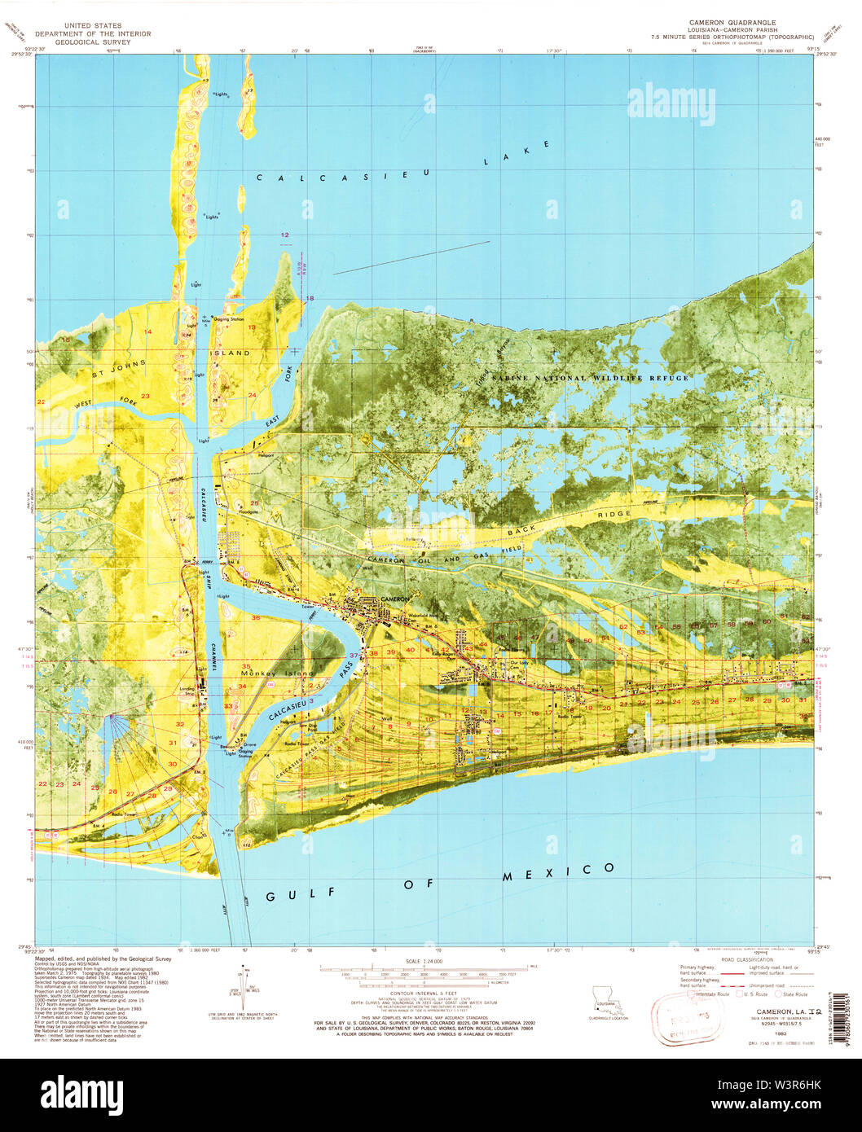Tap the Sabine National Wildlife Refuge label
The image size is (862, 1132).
(x=590, y=379)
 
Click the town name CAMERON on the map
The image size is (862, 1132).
(x=395, y=599)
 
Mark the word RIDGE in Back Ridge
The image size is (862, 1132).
(x=614, y=515)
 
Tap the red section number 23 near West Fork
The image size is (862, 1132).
(x=145, y=396)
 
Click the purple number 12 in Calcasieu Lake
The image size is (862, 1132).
(x=285, y=235)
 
